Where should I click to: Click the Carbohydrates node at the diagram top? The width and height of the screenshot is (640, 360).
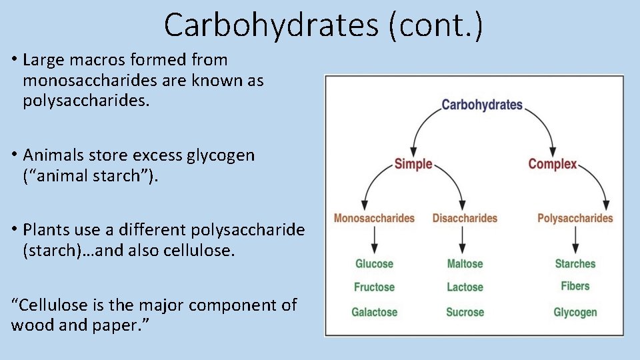coord(482,105)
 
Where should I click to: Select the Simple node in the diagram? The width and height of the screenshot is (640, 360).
coord(413,163)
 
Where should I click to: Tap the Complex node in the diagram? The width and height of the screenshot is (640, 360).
coord(552,163)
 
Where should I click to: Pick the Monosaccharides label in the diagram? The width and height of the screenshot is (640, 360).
coord(374,218)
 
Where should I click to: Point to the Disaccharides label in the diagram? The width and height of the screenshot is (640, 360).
coord(465,218)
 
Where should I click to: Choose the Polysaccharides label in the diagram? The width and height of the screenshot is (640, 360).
coord(575,218)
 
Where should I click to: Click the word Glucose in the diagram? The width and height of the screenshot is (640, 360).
coord(374,263)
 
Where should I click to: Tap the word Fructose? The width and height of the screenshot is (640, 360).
coord(374,287)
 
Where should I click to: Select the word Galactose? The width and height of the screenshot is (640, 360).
coord(374,312)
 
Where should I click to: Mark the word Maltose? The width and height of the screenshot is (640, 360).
coord(465,263)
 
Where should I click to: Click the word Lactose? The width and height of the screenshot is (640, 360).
coord(465,287)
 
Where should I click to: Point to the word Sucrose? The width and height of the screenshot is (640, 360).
coord(465,312)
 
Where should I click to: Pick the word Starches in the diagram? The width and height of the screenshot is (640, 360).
coord(575,263)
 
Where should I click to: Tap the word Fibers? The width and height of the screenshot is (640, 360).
coord(575,286)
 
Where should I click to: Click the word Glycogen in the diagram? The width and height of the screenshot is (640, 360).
coord(575,312)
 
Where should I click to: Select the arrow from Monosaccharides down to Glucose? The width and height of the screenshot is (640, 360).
coord(374,239)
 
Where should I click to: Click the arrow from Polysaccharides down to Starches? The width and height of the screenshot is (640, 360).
coord(575,239)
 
